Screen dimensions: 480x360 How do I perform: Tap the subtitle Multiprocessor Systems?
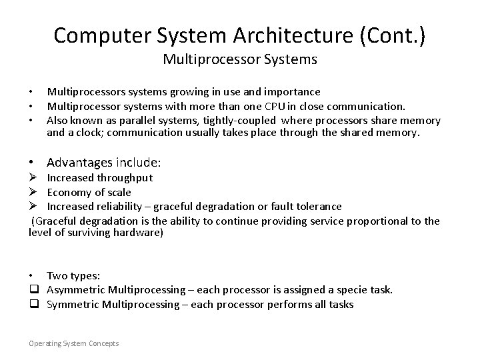click(x=240, y=59)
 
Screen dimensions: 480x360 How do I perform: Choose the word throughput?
click(x=125, y=178)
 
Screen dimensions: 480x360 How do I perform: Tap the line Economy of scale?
click(x=89, y=192)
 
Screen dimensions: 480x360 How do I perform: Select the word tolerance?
click(x=319, y=207)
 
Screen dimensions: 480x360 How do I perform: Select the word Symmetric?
click(x=73, y=304)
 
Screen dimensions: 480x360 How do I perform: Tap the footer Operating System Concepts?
click(x=73, y=343)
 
